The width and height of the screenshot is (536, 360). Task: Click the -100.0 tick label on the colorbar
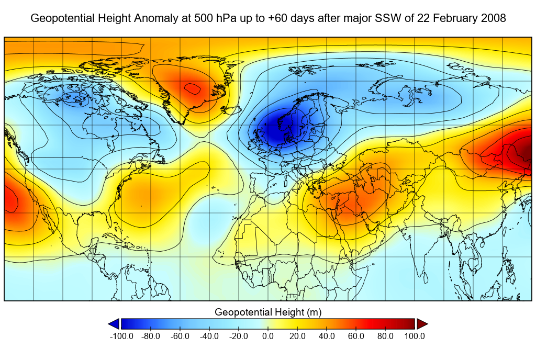click(x=121, y=336)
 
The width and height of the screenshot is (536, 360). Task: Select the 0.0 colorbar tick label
click(x=267, y=336)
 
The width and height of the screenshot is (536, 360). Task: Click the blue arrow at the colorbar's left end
click(x=114, y=324)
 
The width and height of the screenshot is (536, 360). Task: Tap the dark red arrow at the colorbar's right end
click(x=422, y=324)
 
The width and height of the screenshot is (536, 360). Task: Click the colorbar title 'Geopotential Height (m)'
click(x=268, y=312)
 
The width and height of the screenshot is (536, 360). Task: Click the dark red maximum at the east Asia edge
click(x=526, y=152)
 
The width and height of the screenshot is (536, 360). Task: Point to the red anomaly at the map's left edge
click(x=9, y=201)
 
